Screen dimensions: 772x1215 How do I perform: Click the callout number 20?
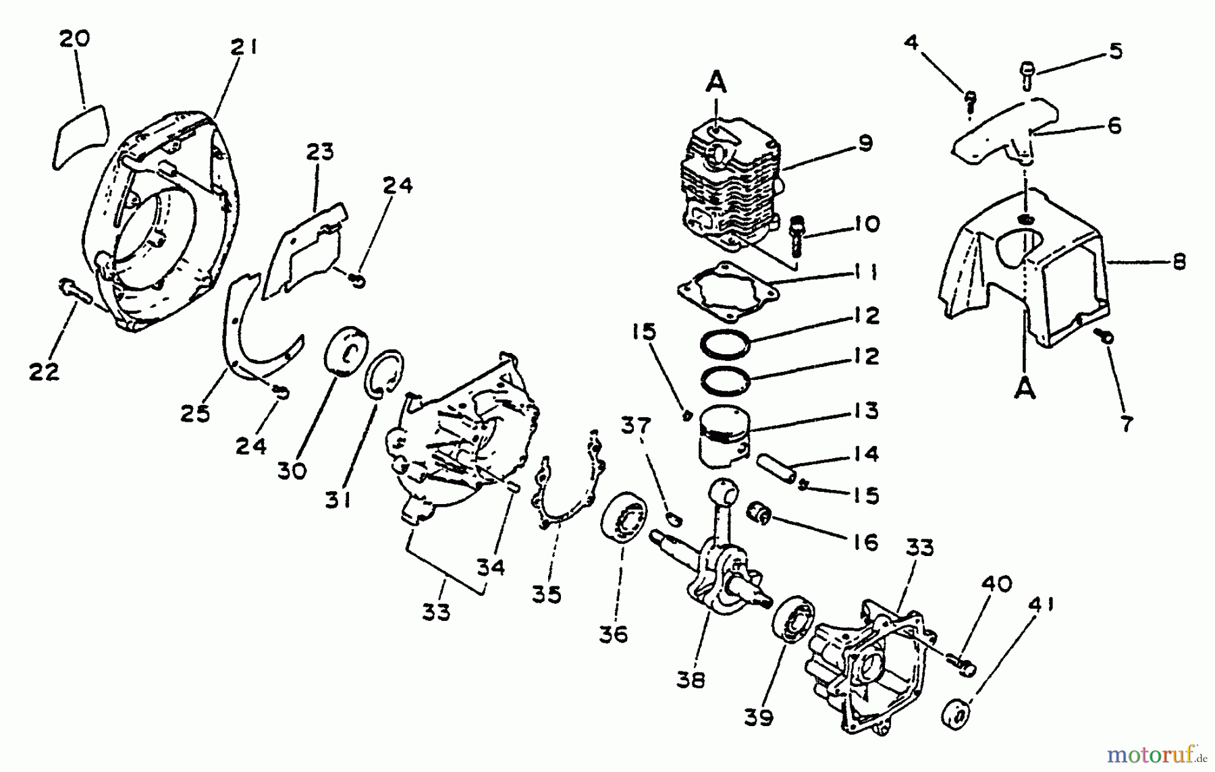[74, 38]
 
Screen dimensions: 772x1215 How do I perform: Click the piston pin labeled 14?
[776, 468]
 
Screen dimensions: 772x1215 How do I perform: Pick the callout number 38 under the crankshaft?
[690, 680]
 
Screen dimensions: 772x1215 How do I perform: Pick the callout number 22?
[44, 371]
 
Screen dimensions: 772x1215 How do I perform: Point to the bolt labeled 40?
[961, 664]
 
